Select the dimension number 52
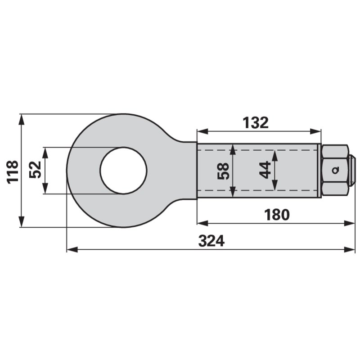click(x=35, y=170)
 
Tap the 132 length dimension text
click(x=256, y=123)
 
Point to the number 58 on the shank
click(x=223, y=171)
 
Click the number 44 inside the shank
click(x=265, y=170)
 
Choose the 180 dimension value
click(x=277, y=215)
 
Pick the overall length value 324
click(x=211, y=241)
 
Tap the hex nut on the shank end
click(x=335, y=171)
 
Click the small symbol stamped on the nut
click(x=336, y=171)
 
